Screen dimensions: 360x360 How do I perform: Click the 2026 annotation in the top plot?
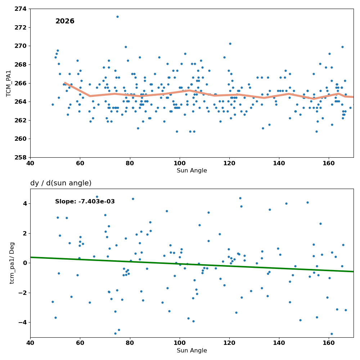(x=65, y=21)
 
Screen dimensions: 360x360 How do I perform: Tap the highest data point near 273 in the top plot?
(x=118, y=17)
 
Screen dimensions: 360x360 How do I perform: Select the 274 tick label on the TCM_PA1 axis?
(x=21, y=9)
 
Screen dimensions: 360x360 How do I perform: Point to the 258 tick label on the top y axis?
(x=21, y=158)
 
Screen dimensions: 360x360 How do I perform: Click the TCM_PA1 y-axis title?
(x=9, y=84)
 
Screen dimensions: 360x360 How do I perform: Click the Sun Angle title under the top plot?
(x=192, y=171)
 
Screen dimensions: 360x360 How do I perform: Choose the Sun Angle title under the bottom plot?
(x=192, y=351)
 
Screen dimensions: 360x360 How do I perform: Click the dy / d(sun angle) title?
(x=61, y=183)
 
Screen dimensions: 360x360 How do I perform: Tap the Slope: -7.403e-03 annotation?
(x=85, y=201)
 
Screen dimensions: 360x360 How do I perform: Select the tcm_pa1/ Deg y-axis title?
(x=12, y=263)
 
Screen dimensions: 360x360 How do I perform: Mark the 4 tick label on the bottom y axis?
(x=25, y=204)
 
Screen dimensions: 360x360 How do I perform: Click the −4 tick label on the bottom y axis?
(x=23, y=323)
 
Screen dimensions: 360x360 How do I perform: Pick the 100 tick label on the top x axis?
(x=180, y=163)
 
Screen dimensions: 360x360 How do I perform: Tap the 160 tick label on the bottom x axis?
(x=329, y=343)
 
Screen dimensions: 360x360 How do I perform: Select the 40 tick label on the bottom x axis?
(x=30, y=343)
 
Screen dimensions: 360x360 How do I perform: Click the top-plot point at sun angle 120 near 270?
(x=230, y=44)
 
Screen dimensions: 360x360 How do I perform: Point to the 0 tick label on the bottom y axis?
(x=25, y=263)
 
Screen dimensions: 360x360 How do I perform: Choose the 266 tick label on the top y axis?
(x=21, y=84)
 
